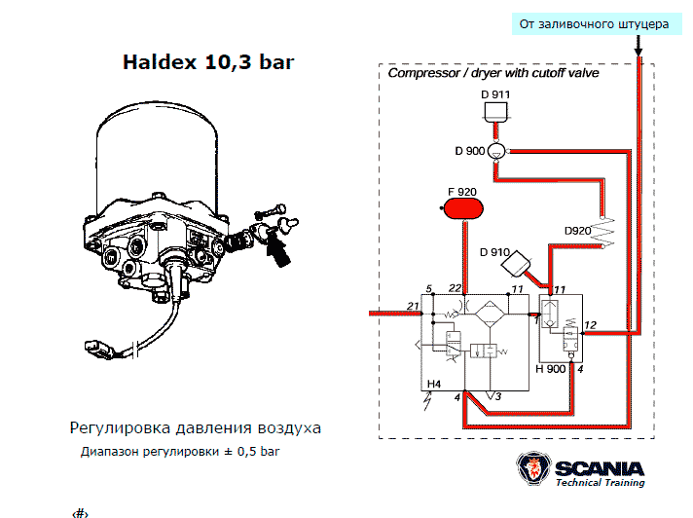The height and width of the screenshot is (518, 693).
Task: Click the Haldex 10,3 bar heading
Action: [x=208, y=63]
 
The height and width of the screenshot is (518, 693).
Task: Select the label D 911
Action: [x=495, y=94]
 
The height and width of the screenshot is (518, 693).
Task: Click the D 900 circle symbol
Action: [x=495, y=151]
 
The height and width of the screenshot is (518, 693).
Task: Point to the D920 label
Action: [x=578, y=231]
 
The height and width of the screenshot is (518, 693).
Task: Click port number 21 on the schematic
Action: [x=413, y=307]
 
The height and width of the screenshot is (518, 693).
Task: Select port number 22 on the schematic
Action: [x=455, y=288]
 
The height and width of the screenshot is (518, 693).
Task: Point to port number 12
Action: [x=590, y=324]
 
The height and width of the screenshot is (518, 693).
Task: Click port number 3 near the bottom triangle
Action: [x=497, y=396]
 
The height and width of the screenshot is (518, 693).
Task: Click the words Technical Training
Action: [x=600, y=483]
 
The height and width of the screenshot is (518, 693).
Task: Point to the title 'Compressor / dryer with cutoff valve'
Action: [x=493, y=73]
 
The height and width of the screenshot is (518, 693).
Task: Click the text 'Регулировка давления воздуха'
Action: [x=195, y=427]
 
